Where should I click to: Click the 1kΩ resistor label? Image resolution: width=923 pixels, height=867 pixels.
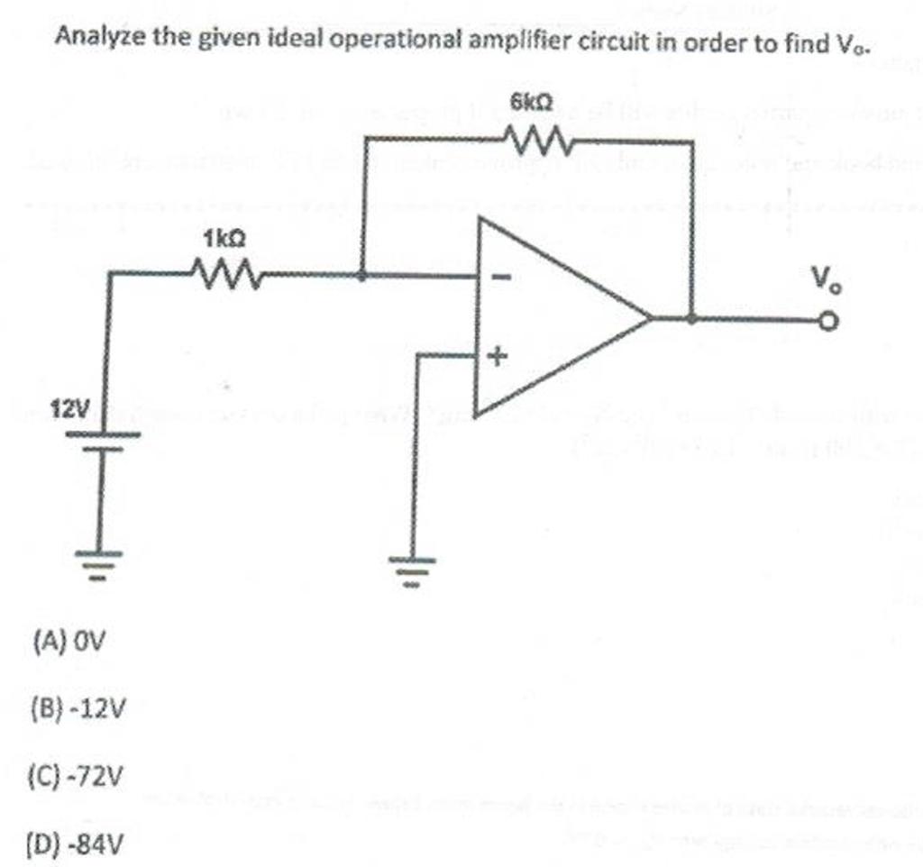click(x=224, y=239)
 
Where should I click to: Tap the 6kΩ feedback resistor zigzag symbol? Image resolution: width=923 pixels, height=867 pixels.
click(x=538, y=141)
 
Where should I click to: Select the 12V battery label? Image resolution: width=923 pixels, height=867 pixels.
click(x=69, y=412)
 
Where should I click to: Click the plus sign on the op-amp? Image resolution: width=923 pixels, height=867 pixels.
click(x=495, y=358)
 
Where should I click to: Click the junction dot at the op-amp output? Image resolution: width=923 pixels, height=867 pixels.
click(x=691, y=318)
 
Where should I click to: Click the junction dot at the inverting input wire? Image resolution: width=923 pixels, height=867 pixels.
click(x=362, y=276)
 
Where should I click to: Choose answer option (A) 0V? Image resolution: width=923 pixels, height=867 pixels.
click(x=69, y=643)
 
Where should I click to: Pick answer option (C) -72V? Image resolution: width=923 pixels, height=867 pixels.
click(x=78, y=776)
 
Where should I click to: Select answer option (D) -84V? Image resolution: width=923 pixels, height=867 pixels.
click(x=78, y=844)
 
